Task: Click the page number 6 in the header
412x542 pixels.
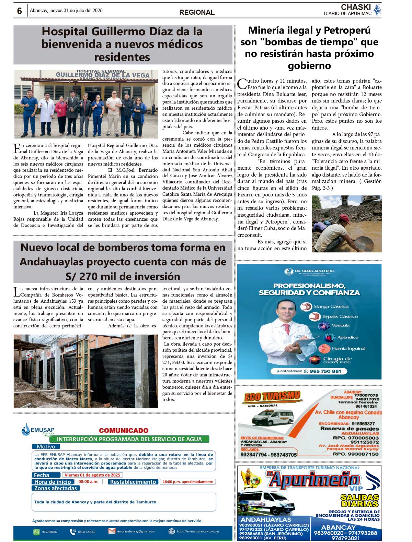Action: click(20, 11)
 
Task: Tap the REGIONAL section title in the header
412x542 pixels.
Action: click(197, 12)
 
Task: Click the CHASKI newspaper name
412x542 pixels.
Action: click(356, 7)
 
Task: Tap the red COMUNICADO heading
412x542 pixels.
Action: click(124, 430)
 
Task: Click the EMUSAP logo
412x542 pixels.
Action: click(38, 430)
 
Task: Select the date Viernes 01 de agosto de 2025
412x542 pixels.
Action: click(92, 475)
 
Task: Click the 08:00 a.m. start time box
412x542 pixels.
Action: click(89, 482)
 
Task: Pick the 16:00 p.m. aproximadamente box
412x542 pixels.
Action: click(187, 482)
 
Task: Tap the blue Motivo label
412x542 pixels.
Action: click(46, 447)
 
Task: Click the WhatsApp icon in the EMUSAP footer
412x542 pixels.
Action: click(36, 532)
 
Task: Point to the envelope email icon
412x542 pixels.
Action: click(112, 531)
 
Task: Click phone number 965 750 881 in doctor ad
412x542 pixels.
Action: click(325, 371)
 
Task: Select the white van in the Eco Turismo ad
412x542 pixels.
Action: click(273, 418)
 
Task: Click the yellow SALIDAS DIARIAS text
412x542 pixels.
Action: click(360, 501)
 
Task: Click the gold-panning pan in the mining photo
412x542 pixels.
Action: click(363, 242)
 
